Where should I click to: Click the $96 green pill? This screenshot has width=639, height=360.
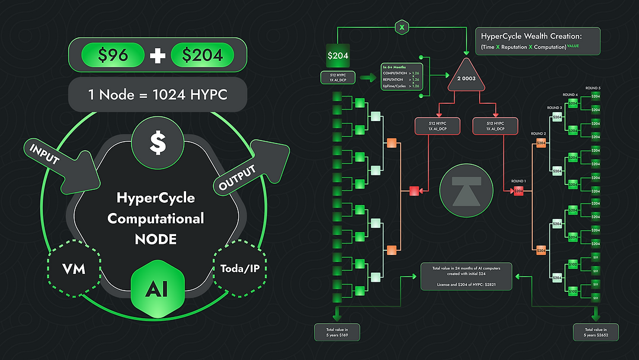point(113,55)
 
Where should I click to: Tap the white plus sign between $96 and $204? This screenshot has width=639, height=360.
point(157,55)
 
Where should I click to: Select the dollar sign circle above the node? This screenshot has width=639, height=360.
point(157,142)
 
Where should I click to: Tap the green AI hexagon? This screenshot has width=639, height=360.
point(157,288)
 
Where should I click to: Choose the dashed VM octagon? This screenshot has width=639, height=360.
point(74,269)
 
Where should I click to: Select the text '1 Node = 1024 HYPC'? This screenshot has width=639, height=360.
point(157,94)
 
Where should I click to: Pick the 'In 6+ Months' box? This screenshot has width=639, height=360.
point(401,77)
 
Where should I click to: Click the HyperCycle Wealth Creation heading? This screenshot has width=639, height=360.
point(531,36)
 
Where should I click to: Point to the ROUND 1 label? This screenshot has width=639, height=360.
point(519,180)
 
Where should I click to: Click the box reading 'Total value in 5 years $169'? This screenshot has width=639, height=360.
point(337,333)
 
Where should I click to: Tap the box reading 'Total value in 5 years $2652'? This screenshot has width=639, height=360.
point(596,333)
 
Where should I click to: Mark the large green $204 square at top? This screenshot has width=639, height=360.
point(338,55)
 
